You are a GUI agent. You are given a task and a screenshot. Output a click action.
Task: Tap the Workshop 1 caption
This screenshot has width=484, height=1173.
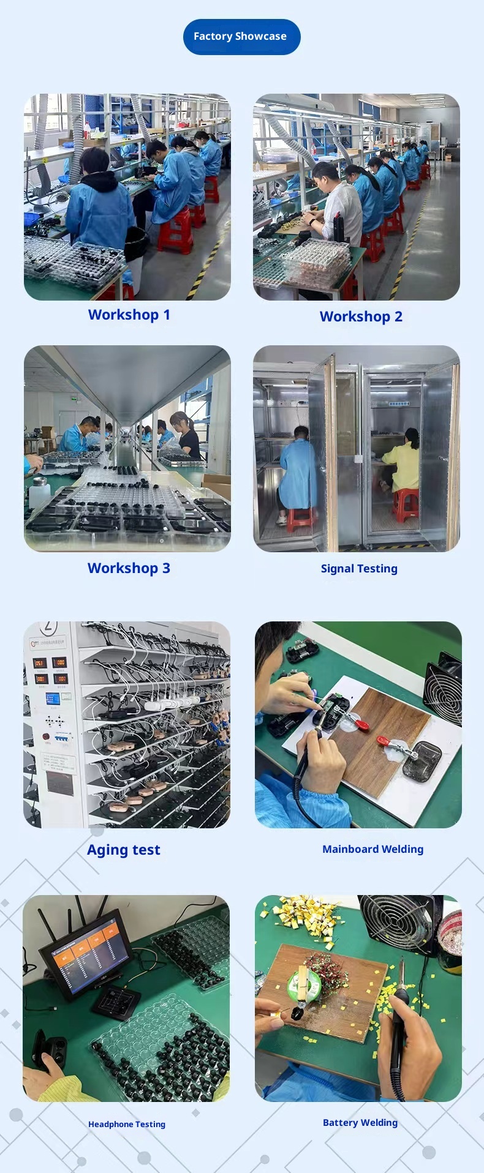[129, 315]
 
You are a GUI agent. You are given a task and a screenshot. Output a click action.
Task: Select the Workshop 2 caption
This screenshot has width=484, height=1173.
[361, 317]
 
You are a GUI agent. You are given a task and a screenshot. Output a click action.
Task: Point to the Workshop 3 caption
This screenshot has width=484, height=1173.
[129, 568]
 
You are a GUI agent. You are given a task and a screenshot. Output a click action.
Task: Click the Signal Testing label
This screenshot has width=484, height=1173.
[359, 569]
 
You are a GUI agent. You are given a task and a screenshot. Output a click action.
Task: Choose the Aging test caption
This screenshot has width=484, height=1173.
[124, 850]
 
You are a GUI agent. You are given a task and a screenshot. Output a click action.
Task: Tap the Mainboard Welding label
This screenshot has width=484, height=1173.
[373, 849]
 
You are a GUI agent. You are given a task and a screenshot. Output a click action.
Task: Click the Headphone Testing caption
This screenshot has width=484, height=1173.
[127, 1124]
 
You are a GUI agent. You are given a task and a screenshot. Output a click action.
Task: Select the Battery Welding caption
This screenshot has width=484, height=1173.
[360, 1122]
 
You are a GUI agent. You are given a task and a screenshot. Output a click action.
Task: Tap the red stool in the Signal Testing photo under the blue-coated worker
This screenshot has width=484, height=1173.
[300, 520]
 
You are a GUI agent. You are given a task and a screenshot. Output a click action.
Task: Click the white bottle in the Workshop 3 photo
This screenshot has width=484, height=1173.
[39, 492]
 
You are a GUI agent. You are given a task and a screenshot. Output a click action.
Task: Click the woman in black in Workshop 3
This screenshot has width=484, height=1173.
[187, 435]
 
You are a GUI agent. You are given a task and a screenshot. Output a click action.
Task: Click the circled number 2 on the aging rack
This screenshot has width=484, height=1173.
[49, 627]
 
